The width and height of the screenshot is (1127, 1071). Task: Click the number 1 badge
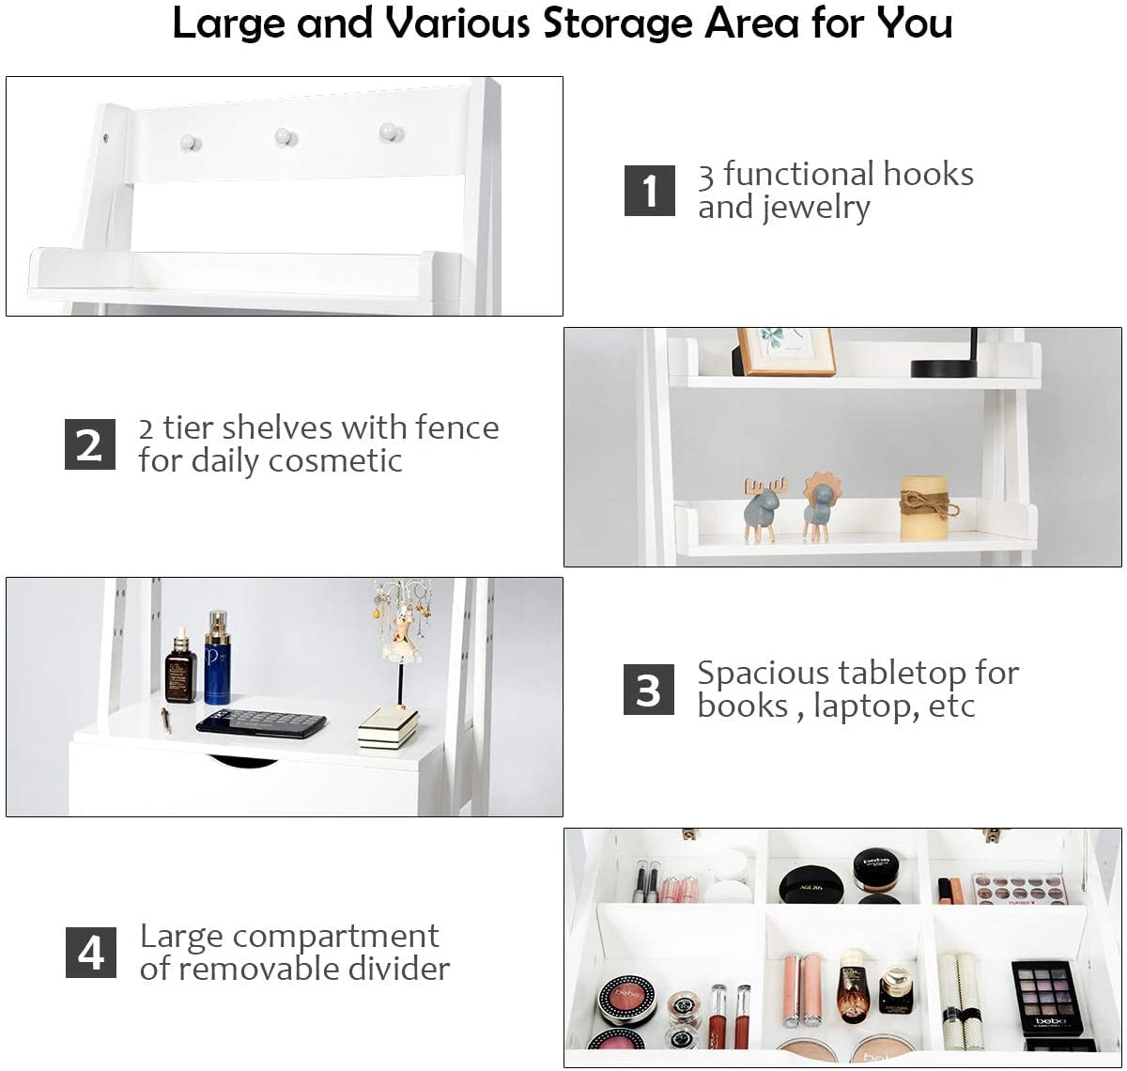[650, 191]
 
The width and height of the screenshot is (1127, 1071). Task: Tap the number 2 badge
[90, 444]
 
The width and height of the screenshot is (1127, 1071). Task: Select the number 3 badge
[649, 690]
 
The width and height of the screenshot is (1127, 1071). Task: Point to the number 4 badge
[91, 953]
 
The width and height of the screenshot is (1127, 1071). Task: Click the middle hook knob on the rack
[286, 137]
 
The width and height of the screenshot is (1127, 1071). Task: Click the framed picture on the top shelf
[786, 351]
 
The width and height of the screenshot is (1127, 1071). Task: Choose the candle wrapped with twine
[925, 508]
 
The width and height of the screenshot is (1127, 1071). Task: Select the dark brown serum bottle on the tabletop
[180, 666]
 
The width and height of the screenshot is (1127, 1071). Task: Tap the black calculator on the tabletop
[262, 723]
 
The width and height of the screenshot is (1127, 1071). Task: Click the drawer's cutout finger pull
[242, 760]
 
